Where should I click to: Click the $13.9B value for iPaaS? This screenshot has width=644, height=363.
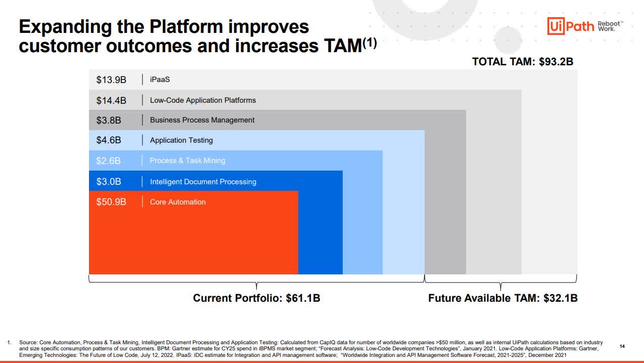point(111,79)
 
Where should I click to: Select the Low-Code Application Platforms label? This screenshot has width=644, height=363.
point(203,100)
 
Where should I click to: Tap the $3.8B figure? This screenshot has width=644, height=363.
point(109,120)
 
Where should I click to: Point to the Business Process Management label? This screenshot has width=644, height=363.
point(202,120)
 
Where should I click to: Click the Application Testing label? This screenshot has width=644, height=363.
point(181,140)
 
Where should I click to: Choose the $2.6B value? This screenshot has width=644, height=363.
point(109,161)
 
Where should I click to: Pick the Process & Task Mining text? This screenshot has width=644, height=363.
point(187,160)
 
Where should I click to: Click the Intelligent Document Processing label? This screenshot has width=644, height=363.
point(203,182)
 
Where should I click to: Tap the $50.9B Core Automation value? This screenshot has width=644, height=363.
point(111,202)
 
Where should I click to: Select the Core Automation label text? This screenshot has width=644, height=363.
point(177,202)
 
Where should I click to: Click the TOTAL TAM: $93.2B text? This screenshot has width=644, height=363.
point(522,62)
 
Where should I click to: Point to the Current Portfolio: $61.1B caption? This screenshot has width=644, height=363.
point(256,298)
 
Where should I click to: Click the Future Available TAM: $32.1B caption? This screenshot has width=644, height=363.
point(502,298)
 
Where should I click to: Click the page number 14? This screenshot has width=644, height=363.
point(622,346)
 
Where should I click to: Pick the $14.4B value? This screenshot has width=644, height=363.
point(111,100)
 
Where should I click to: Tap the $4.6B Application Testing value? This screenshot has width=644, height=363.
point(109,140)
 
